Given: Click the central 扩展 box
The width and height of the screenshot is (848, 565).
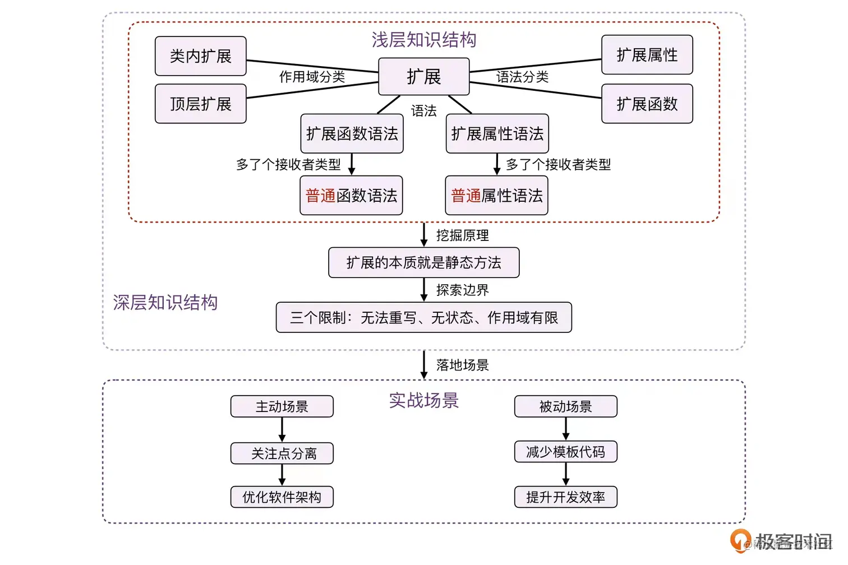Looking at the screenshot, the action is click(x=423, y=76).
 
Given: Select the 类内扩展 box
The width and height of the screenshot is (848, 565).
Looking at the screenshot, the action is click(x=201, y=56).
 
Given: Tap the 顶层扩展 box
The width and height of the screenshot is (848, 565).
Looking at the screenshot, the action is click(x=201, y=104).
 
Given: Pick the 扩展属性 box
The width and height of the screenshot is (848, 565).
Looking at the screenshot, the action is click(x=647, y=55).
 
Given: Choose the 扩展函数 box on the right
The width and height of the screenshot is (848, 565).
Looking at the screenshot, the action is click(x=647, y=104).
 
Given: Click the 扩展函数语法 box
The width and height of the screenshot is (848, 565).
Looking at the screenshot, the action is click(x=352, y=133).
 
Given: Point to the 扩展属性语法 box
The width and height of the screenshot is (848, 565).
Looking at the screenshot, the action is click(x=497, y=133).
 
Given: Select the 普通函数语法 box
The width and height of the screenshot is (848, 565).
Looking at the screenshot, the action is click(x=351, y=195).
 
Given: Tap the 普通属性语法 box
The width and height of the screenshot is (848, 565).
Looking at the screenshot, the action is click(x=497, y=195).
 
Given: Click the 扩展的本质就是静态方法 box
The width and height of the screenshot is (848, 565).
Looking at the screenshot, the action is click(x=424, y=263).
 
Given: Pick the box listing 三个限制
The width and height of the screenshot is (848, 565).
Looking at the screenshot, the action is click(x=424, y=317).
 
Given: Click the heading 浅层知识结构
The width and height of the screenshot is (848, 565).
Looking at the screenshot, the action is click(x=424, y=40).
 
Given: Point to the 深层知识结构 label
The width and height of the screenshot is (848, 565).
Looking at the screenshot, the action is click(x=165, y=302).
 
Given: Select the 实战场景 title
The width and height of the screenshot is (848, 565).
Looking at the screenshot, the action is click(x=424, y=400).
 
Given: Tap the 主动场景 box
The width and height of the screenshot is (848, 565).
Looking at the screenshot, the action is click(x=282, y=406).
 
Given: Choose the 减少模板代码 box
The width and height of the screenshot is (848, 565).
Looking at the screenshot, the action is click(x=565, y=451).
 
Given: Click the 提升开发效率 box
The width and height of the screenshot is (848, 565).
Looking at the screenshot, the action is click(x=565, y=497).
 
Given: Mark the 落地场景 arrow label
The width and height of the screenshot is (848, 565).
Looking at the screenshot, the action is click(x=463, y=365).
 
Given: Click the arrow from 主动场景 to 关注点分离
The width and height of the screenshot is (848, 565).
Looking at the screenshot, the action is click(x=282, y=430).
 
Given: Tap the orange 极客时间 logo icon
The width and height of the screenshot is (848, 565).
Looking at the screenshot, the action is click(x=740, y=540).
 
